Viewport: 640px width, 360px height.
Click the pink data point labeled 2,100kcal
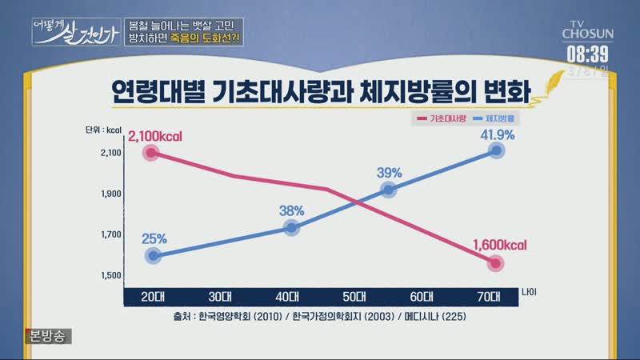pos(150,153)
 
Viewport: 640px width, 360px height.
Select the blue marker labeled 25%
pos(154,256)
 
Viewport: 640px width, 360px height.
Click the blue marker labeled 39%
pos(389,190)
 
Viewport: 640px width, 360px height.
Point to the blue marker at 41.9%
pos(497,150)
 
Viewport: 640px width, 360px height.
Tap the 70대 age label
pos(488,295)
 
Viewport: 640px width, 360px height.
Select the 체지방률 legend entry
pos(494,118)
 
